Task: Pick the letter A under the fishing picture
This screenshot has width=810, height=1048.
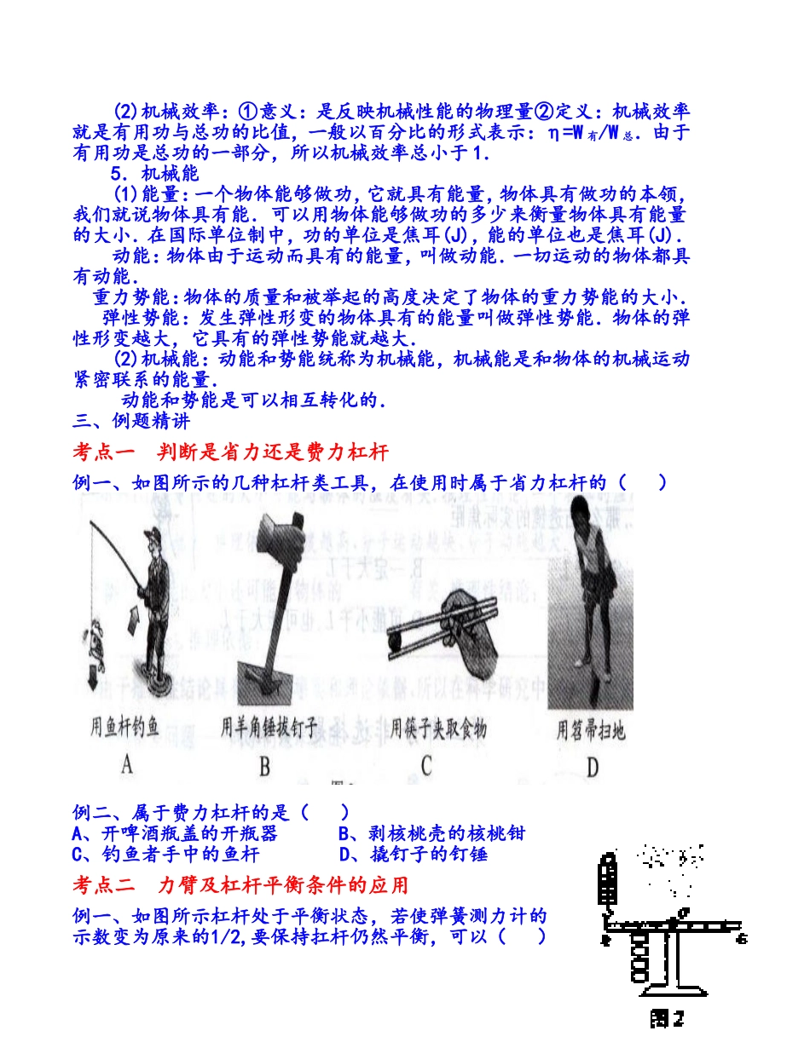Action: pos(126,764)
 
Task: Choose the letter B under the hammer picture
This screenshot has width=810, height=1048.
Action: pos(264,766)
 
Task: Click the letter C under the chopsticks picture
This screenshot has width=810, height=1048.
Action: pos(426,766)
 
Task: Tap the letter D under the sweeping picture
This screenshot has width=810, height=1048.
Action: pos(592,768)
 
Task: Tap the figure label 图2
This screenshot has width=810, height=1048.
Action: pos(668,1017)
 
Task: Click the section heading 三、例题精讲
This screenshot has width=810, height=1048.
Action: pos(132,420)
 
